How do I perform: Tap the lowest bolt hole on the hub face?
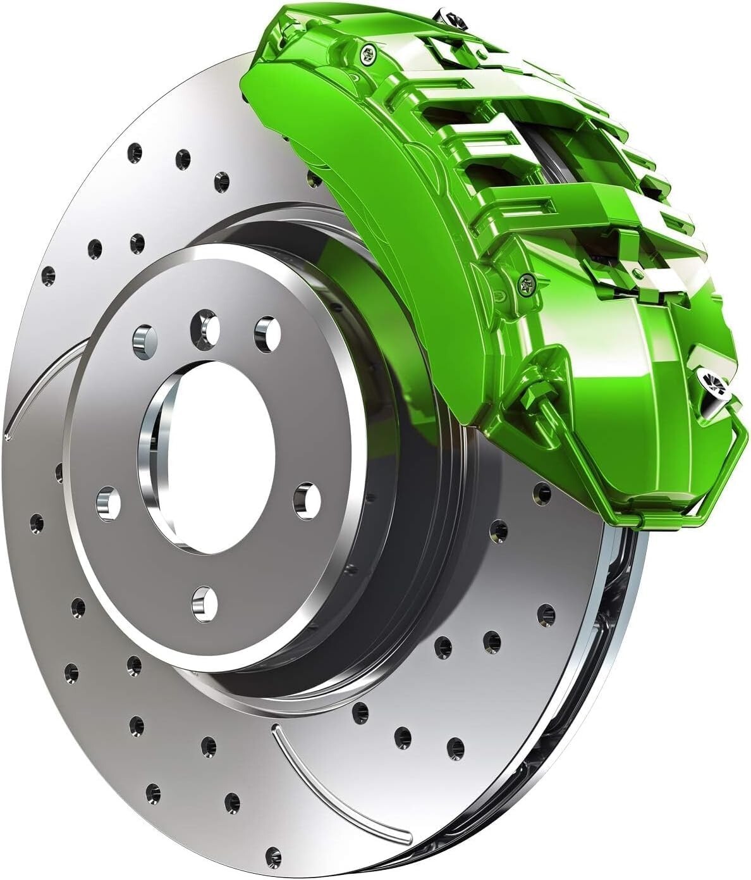(205, 603)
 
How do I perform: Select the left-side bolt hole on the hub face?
(108, 503)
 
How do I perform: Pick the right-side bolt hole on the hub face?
(307, 500)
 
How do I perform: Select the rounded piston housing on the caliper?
(657, 354)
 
